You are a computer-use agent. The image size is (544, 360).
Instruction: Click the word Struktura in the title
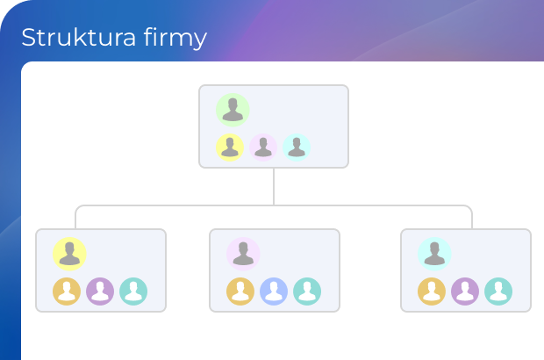[x=78, y=37]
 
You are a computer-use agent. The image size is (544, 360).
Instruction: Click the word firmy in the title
[x=175, y=38]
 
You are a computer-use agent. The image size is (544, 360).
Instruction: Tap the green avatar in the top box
[x=233, y=110]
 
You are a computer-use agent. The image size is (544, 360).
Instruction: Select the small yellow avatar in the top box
[x=230, y=148]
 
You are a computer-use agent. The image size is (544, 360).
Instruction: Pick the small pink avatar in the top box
[x=263, y=148]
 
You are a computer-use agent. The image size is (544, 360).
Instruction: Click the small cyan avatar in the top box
[x=297, y=148]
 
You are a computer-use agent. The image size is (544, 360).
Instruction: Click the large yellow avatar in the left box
[x=69, y=254]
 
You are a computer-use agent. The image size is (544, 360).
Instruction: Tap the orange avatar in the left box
[x=67, y=292]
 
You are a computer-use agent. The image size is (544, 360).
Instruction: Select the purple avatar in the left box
[x=100, y=292]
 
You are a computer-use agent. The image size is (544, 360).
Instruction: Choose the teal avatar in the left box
[x=133, y=292]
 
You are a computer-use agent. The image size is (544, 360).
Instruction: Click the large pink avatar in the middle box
[x=243, y=254]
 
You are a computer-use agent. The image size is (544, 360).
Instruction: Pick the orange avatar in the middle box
[x=240, y=292]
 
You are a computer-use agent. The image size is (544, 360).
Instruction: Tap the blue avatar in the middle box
[x=274, y=292]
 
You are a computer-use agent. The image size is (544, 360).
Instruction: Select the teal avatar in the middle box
[x=307, y=292]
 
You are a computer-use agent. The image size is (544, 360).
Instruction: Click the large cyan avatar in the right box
[x=434, y=254]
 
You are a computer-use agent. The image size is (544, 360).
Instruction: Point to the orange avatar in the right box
[x=432, y=292]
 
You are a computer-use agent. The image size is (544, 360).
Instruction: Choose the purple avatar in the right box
[x=465, y=292]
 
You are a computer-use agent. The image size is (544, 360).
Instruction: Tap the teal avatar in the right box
[x=498, y=292]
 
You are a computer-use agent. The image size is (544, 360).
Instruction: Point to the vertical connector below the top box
[x=274, y=186]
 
